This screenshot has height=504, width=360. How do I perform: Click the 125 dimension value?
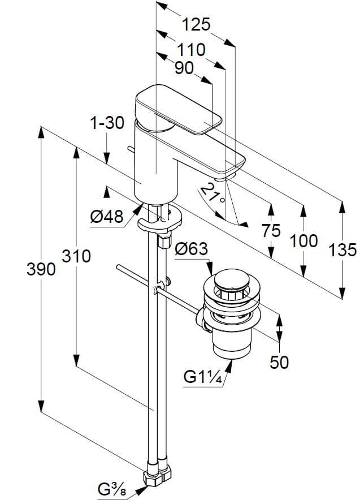pos(196,25)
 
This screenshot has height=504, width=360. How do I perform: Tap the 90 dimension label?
pos(184,68)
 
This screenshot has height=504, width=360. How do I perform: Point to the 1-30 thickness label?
pos(107,123)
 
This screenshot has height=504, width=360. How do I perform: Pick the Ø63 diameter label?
pos(191,249)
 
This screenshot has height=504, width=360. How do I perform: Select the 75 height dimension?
pos(271,231)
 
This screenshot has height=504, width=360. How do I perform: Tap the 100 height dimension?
pos(303,240)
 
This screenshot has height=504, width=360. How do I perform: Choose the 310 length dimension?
pos(76,256)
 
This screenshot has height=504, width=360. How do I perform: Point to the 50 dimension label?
pos(279,362)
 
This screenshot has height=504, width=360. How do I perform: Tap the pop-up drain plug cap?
pos(228,279)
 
